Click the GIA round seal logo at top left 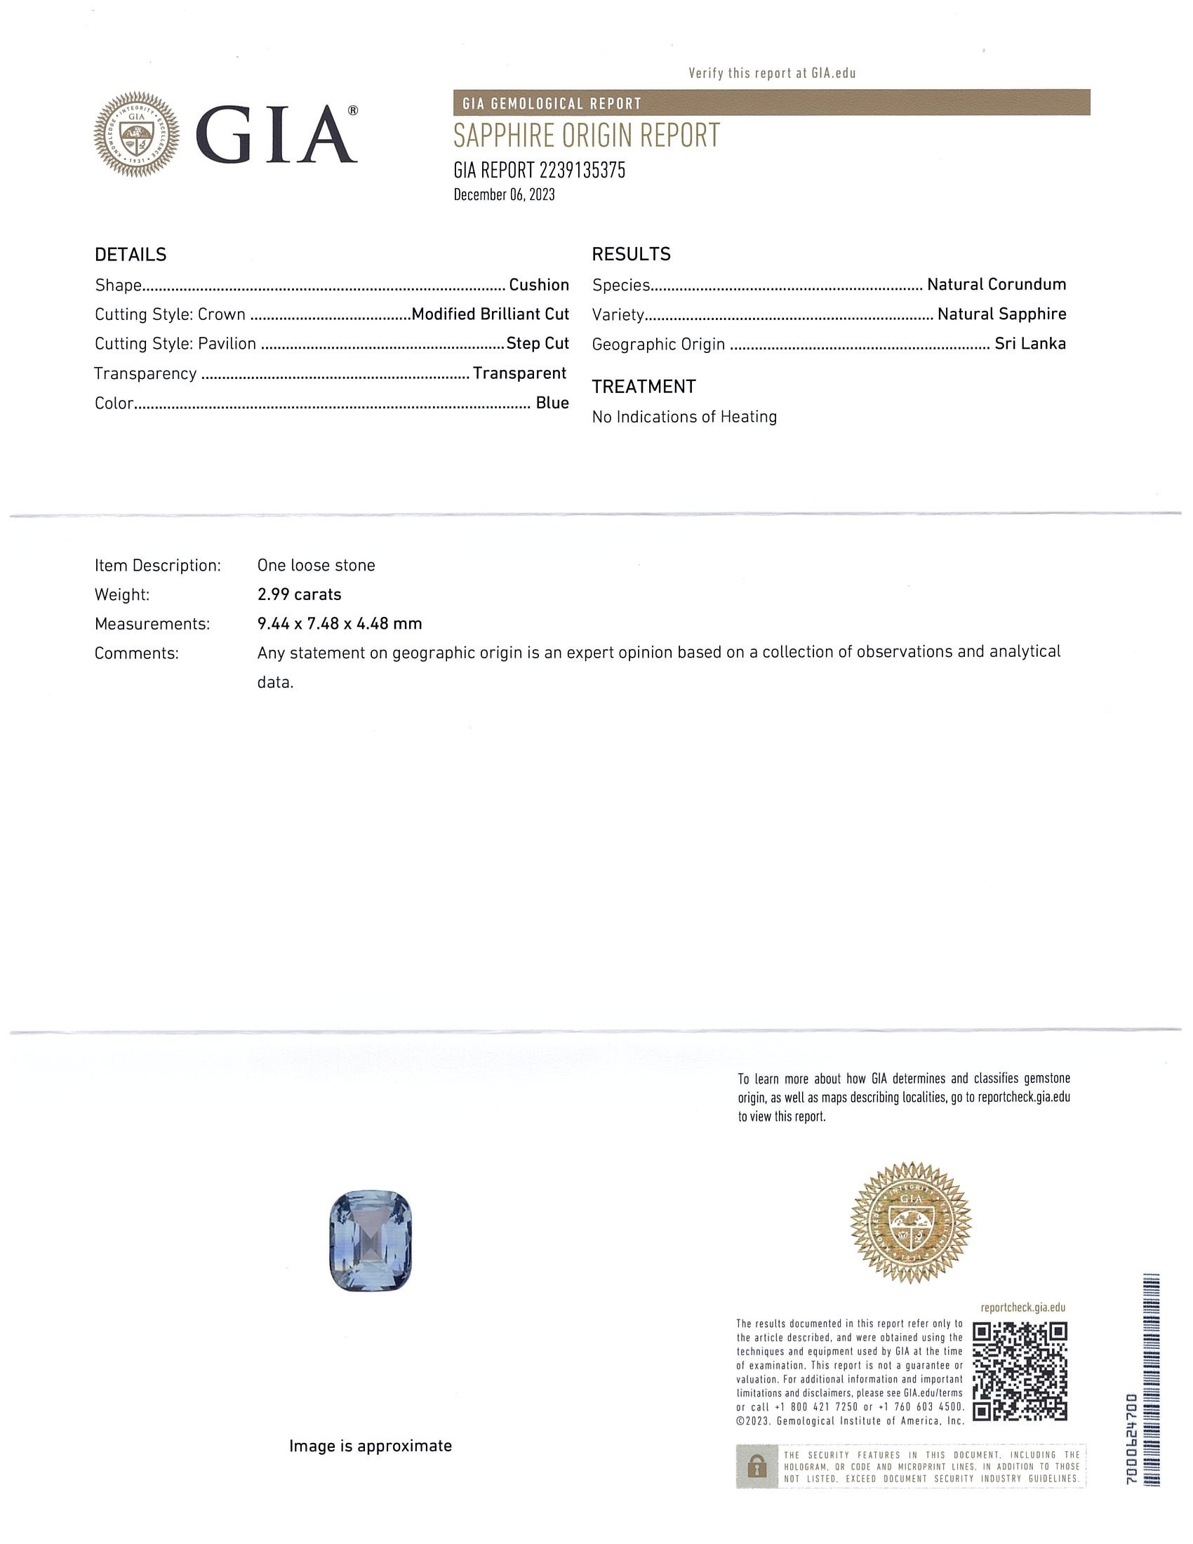pos(136,134)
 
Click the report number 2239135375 pos(582,171)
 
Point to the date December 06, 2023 pos(504,195)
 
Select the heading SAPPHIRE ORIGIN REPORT pos(586,135)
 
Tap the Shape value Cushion pos(538,285)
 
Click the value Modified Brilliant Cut pos(490,314)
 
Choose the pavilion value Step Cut pos(537,344)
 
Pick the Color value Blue pos(552,403)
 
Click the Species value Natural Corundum pos(996,284)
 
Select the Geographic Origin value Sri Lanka pos(1029,344)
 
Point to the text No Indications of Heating pos(684,417)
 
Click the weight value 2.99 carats pos(299,594)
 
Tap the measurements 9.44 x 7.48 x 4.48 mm pos(339,623)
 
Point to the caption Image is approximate pos(371,1446)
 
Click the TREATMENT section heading pos(643,387)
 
